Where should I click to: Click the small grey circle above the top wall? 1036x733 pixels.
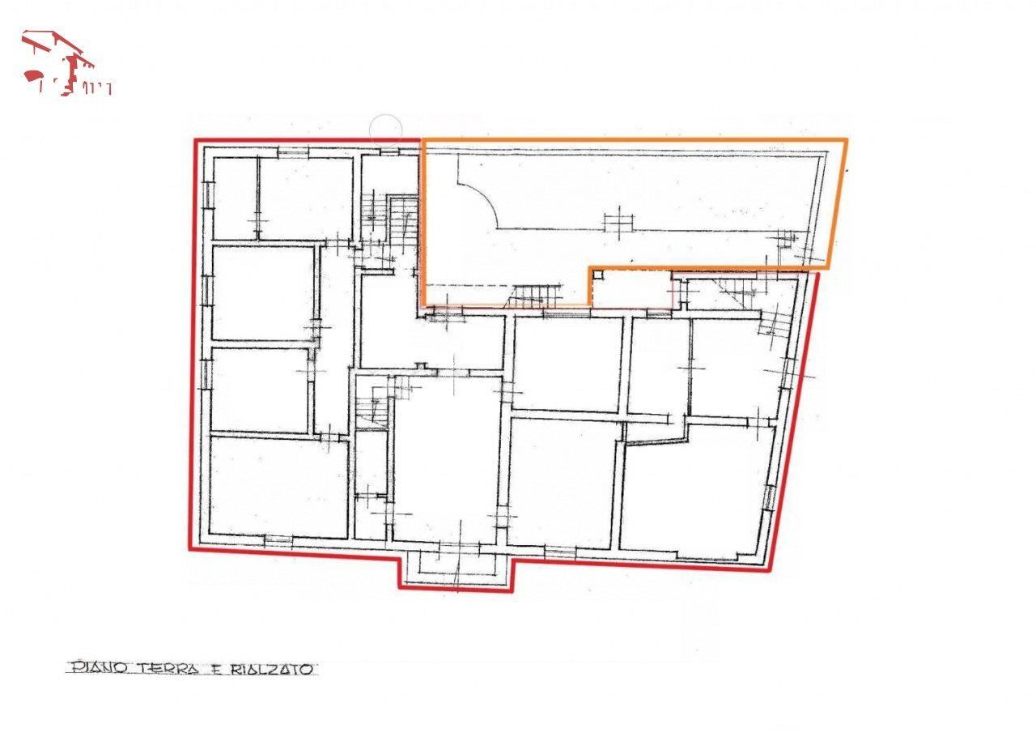click(x=385, y=128)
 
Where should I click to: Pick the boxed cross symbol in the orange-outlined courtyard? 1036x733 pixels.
click(x=618, y=222)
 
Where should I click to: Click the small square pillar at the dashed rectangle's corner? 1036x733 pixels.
click(x=597, y=275)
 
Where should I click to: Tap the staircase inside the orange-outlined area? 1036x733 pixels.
click(x=534, y=296)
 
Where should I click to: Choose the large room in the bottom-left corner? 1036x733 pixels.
click(x=278, y=486)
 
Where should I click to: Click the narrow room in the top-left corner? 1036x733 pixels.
click(x=234, y=198)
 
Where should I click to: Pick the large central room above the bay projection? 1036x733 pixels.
click(x=446, y=458)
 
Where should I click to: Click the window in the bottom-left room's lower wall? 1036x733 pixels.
click(x=278, y=539)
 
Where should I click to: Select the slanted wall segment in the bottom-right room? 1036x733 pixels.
click(x=656, y=439)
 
